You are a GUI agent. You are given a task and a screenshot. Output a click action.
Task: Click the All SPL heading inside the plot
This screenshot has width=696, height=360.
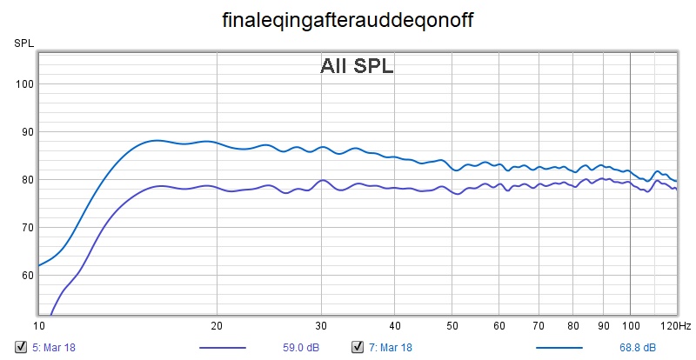[357, 66]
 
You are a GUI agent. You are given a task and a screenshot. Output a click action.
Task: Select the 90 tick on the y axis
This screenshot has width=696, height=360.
[25, 132]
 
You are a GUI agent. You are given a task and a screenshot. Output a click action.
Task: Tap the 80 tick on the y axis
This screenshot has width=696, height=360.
[25, 180]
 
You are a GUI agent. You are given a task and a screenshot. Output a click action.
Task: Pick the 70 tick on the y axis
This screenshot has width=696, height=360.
[25, 228]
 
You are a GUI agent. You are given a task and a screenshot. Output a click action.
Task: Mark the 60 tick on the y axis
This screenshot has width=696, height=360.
[25, 276]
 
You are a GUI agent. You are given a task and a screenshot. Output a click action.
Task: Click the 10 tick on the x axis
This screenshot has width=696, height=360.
[38, 325]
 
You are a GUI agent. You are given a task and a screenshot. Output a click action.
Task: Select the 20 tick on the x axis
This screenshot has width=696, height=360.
[217, 325]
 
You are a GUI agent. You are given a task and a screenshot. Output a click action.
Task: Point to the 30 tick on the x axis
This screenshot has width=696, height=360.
[322, 325]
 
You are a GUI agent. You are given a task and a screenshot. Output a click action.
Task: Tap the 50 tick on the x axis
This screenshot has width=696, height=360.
[452, 325]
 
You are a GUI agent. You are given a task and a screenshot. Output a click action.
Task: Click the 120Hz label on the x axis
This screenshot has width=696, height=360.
[676, 325]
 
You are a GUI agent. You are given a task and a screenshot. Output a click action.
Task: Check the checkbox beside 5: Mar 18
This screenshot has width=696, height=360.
[20, 348]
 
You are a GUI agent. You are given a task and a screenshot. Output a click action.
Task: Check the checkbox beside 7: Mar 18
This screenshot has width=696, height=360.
[357, 348]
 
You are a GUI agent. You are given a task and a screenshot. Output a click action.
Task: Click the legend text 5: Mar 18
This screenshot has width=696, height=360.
[54, 348]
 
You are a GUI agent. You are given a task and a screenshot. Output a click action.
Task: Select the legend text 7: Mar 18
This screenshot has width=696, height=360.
[391, 348]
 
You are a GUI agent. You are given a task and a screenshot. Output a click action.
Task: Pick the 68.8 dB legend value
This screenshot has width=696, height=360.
[639, 348]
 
